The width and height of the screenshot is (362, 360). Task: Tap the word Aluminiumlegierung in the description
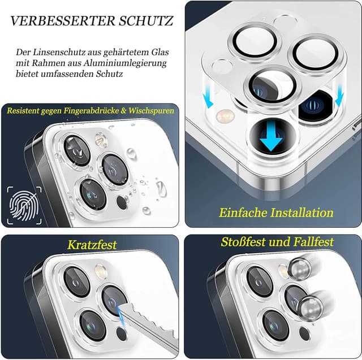pyautogui.click(x=131, y=63)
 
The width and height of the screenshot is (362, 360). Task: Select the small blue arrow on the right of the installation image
pyautogui.click(x=340, y=98)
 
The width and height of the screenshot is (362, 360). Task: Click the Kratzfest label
pyautogui.click(x=92, y=245)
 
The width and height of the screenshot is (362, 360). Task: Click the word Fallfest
pyautogui.click(x=310, y=242)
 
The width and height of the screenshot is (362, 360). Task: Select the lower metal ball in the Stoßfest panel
pyautogui.click(x=311, y=308)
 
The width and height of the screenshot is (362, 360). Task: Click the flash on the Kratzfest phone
pyautogui.click(x=102, y=272)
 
